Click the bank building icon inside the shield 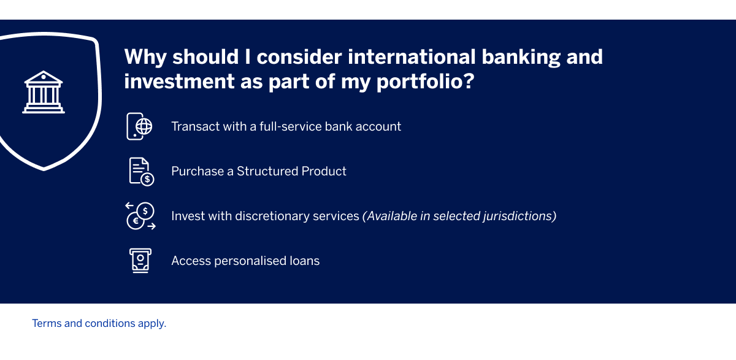click(44, 92)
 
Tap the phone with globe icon click(140, 126)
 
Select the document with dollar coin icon click(141, 171)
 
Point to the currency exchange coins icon click(140, 216)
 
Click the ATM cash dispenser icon click(140, 261)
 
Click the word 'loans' click(304, 261)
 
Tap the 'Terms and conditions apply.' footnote click(99, 323)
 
